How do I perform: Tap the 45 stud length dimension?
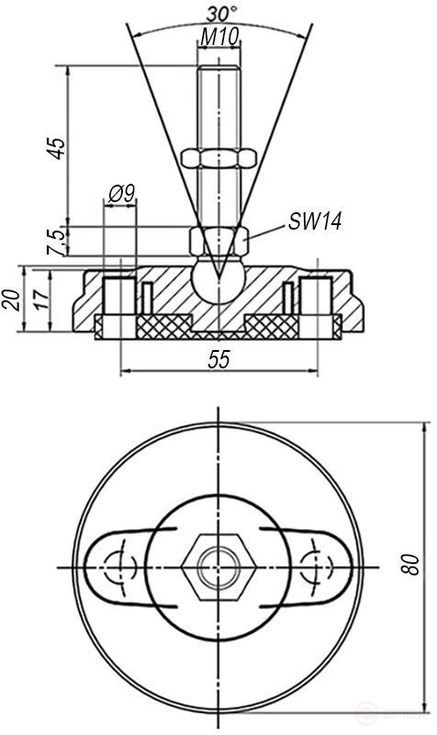[57, 147]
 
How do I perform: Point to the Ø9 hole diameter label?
[121, 193]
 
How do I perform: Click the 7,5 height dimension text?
[57, 241]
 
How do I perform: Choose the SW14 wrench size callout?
[315, 221]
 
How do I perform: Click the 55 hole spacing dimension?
[218, 359]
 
